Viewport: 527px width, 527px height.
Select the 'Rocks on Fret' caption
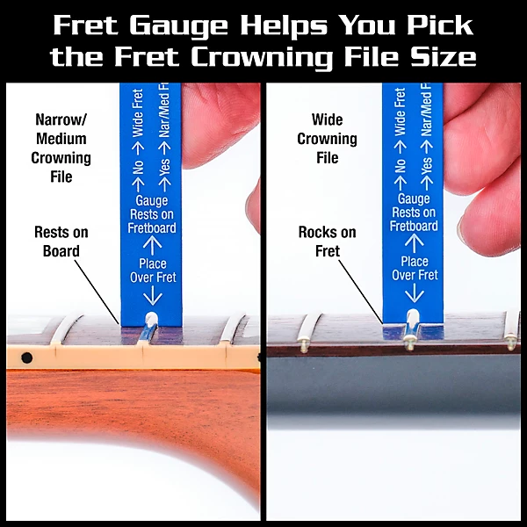327,242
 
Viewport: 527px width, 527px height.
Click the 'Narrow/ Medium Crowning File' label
61,148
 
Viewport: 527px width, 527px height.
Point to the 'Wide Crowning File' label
327,139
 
